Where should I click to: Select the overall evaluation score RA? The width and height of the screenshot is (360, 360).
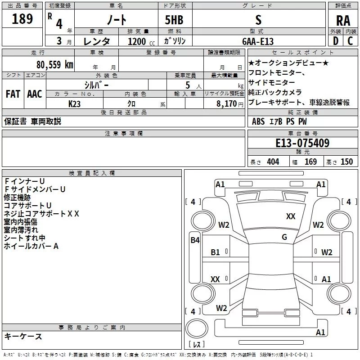(x=343, y=21)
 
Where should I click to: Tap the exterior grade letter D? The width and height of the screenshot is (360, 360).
(x=335, y=41)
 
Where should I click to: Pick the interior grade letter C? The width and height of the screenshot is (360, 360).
(x=351, y=41)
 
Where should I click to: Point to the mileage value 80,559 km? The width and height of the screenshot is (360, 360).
(x=52, y=65)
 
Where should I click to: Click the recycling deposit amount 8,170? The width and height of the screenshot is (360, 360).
(x=227, y=103)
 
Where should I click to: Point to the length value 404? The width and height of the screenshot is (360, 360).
(x=273, y=162)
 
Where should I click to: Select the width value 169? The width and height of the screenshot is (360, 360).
(x=310, y=162)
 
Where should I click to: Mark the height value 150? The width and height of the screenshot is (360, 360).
(x=346, y=162)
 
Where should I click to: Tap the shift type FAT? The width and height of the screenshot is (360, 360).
(x=13, y=94)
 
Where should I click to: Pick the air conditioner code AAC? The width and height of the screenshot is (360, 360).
(x=35, y=94)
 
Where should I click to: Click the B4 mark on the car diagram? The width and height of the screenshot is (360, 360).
(x=195, y=240)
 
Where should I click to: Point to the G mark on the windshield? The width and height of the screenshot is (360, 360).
(x=284, y=237)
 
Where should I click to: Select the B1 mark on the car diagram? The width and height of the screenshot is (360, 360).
(x=216, y=252)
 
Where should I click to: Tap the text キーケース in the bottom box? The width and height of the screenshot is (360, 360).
(x=23, y=337)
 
